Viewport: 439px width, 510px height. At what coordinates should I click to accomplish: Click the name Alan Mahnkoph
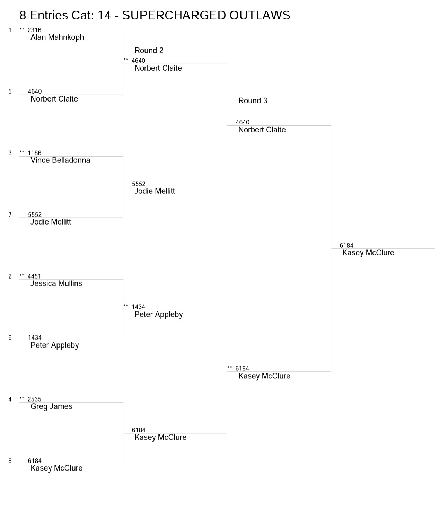tap(57, 37)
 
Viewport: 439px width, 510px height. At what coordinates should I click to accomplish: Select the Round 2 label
tap(149, 50)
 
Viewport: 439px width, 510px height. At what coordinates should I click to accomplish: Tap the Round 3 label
tap(253, 101)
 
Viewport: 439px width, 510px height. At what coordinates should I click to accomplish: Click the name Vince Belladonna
tap(60, 160)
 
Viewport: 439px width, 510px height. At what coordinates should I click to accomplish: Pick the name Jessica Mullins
tap(56, 283)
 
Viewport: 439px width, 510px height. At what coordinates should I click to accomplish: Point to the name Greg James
tap(51, 406)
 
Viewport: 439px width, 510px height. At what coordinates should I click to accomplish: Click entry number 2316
tap(35, 30)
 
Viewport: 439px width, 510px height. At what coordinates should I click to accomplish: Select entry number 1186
tap(35, 153)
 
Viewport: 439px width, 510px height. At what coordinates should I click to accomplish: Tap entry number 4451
tap(35, 276)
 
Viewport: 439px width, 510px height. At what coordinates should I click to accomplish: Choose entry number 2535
tap(35, 399)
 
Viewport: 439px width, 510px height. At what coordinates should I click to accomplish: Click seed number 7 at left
tap(10, 215)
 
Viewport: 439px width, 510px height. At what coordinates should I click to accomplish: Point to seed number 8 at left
tap(10, 461)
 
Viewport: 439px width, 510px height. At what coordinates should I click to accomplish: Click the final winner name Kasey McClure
tap(368, 253)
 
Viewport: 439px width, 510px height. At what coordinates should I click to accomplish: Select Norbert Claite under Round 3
tap(262, 130)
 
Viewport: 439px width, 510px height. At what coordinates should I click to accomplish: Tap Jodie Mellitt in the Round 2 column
tap(155, 191)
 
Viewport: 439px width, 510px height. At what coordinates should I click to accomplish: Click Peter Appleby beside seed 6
tap(54, 345)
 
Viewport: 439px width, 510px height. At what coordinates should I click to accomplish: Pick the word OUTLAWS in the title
tap(260, 15)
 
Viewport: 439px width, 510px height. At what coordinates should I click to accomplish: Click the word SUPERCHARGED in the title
tap(174, 15)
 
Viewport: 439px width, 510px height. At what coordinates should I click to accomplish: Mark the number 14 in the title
tap(104, 15)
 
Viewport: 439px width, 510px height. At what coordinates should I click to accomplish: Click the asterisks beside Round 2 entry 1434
tap(126, 306)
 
